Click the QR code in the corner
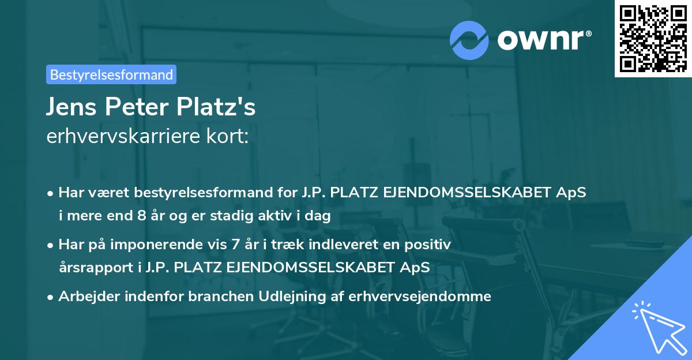pyautogui.click(x=652, y=38)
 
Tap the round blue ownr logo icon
pyautogui.click(x=469, y=40)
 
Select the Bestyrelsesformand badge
pyautogui.click(x=111, y=74)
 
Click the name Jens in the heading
pyautogui.click(x=69, y=108)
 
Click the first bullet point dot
pyautogui.click(x=51, y=193)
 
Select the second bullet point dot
pyautogui.click(x=51, y=245)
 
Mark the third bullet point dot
pyautogui.click(x=51, y=297)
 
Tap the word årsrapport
pyautogui.click(x=92, y=267)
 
